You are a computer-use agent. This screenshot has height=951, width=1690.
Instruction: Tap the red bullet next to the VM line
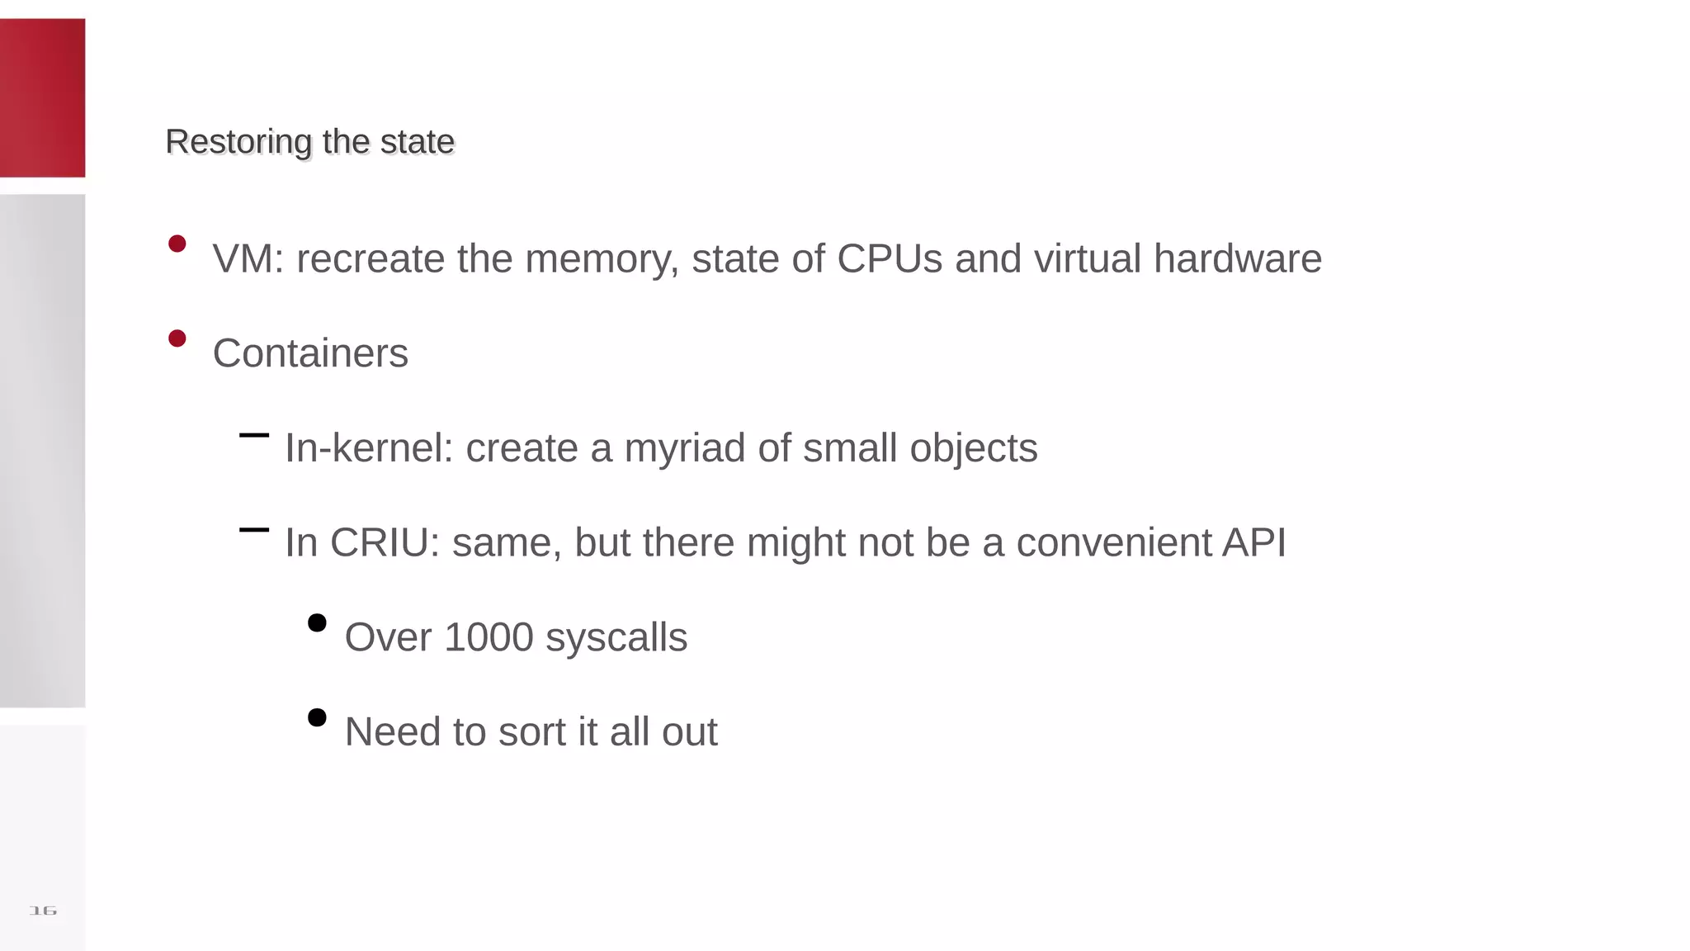click(x=177, y=244)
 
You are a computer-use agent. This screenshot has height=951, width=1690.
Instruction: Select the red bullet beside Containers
click(x=177, y=338)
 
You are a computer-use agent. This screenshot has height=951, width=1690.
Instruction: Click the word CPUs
click(x=889, y=258)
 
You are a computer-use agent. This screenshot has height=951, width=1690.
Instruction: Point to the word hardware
click(x=1237, y=258)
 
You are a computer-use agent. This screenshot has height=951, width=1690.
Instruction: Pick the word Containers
click(x=310, y=353)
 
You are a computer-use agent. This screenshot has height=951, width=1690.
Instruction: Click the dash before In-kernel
click(x=254, y=435)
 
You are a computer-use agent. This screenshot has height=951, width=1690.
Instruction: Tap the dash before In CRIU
click(x=254, y=530)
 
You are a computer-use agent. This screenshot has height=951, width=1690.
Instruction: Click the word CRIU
click(x=385, y=543)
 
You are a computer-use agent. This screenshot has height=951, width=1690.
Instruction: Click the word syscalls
click(x=616, y=637)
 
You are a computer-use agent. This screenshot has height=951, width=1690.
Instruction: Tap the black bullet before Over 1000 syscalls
click(x=317, y=622)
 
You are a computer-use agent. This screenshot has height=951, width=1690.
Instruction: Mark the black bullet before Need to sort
click(x=317, y=717)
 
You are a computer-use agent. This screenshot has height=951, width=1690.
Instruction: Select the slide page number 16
click(x=43, y=911)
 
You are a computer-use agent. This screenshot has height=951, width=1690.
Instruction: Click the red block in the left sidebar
click(x=42, y=97)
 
